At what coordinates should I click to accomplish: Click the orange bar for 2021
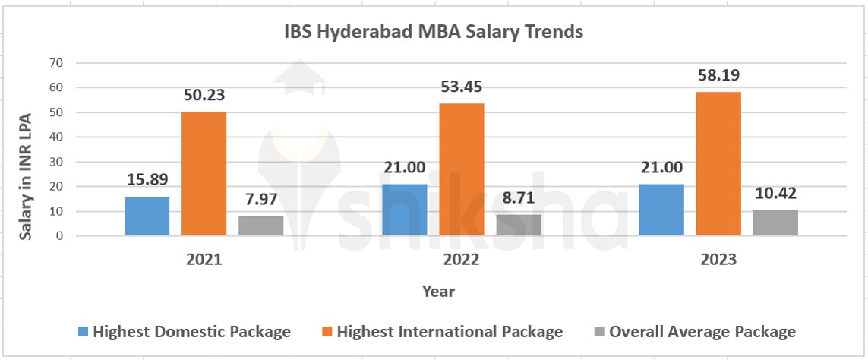coord(204,174)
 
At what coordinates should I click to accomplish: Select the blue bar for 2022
coord(405,210)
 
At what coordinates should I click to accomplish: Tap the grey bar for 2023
coord(775,223)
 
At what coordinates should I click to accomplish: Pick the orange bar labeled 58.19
coord(718,164)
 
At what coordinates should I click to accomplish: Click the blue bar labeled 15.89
coord(147,216)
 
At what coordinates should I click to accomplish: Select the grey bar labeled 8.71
coord(519,225)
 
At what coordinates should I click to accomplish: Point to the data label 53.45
coord(461,86)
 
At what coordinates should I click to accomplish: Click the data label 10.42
coord(776,194)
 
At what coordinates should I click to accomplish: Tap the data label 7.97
coord(260,200)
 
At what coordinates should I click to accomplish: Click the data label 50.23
coord(204,96)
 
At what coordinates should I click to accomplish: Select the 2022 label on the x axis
coord(461,260)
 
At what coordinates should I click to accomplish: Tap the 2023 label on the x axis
coord(718,260)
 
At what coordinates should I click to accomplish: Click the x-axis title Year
coord(438,291)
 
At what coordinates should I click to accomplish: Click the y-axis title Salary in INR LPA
coord(26,175)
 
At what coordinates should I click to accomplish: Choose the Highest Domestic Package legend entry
coord(184,332)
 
